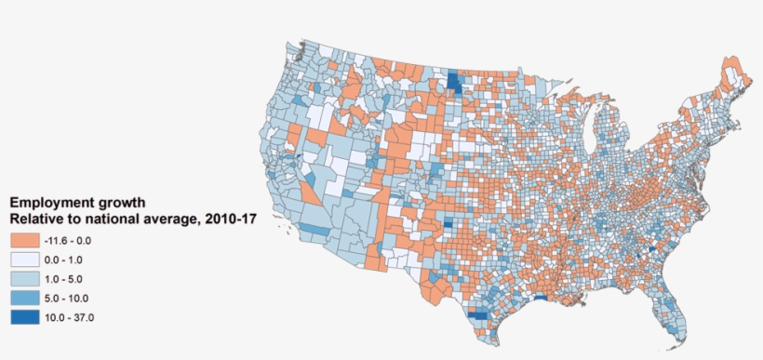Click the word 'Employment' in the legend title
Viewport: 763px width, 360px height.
(x=52, y=202)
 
